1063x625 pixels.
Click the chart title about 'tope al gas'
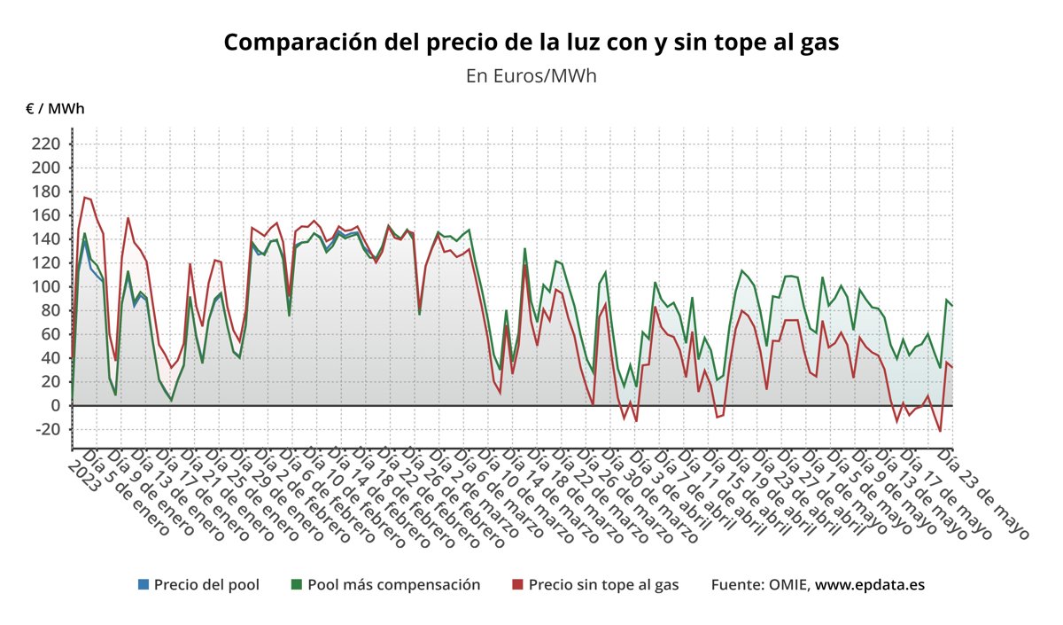pos(531,43)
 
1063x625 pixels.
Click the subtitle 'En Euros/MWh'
pos(531,75)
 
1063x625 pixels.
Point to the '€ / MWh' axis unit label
pos(55,109)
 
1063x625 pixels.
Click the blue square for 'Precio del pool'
pos(144,584)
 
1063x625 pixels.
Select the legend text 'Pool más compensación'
pos(393,584)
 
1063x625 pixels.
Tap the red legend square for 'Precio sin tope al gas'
pos(518,584)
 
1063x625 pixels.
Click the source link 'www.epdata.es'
pos(870,584)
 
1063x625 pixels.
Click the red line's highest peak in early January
pos(85,197)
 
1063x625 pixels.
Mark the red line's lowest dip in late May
pos(940,431)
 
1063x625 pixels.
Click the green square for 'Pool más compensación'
pos(297,584)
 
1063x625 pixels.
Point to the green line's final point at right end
pos(952,305)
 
